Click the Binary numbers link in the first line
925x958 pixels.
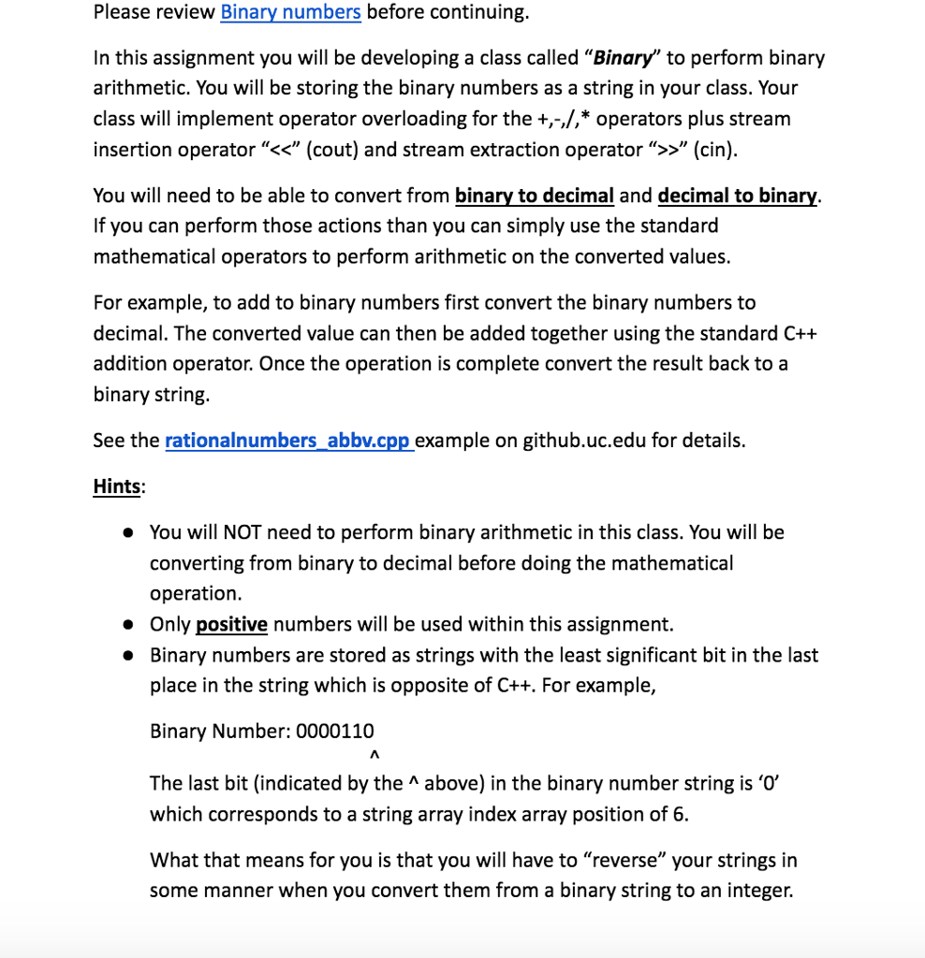point(290,12)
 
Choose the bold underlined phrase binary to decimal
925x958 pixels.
point(534,196)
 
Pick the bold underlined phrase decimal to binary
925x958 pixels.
point(738,196)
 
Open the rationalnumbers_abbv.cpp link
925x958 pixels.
point(288,441)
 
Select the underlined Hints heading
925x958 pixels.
point(117,486)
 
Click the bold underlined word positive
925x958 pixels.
point(231,624)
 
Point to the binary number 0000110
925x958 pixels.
point(334,731)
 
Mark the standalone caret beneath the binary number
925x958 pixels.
point(374,755)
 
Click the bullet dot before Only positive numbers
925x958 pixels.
point(126,625)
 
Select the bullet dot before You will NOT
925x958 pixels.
point(126,533)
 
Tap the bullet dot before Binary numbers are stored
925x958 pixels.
point(126,656)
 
